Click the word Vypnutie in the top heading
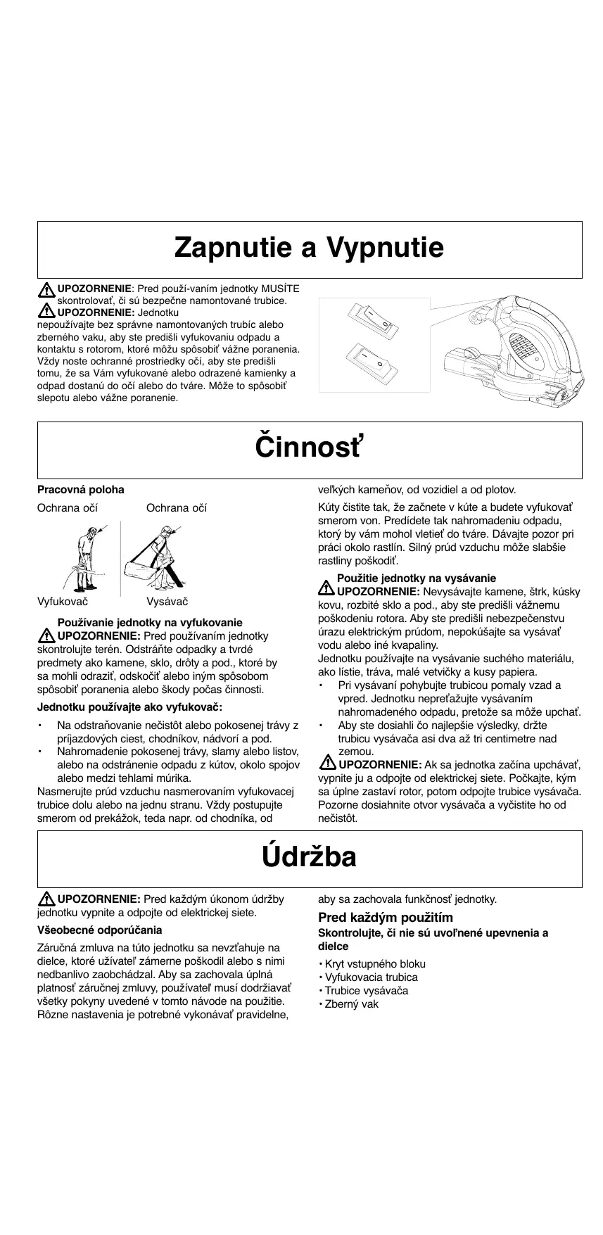point(385,248)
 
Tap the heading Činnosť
point(310,448)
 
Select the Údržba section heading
point(310,857)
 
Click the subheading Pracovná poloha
point(80,490)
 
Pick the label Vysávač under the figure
point(167,602)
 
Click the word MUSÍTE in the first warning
point(280,289)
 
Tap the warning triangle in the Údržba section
point(46,899)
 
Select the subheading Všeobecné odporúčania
point(99,930)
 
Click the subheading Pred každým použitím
point(386,918)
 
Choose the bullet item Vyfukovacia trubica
point(371,977)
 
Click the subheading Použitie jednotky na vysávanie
point(417,578)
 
